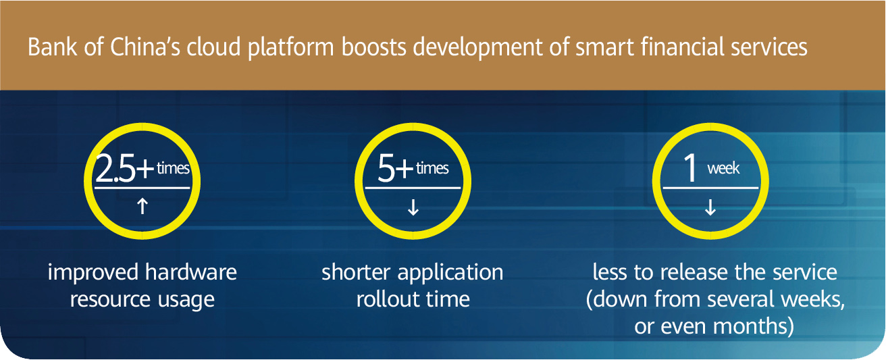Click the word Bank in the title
52,47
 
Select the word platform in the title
290,48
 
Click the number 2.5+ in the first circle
124,169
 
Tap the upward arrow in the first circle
142,207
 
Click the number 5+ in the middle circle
395,169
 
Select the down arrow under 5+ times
413,207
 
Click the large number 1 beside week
690,169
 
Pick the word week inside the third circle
723,169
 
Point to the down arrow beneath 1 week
710,207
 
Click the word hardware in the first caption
190,272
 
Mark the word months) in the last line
753,327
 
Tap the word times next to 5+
432,169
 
